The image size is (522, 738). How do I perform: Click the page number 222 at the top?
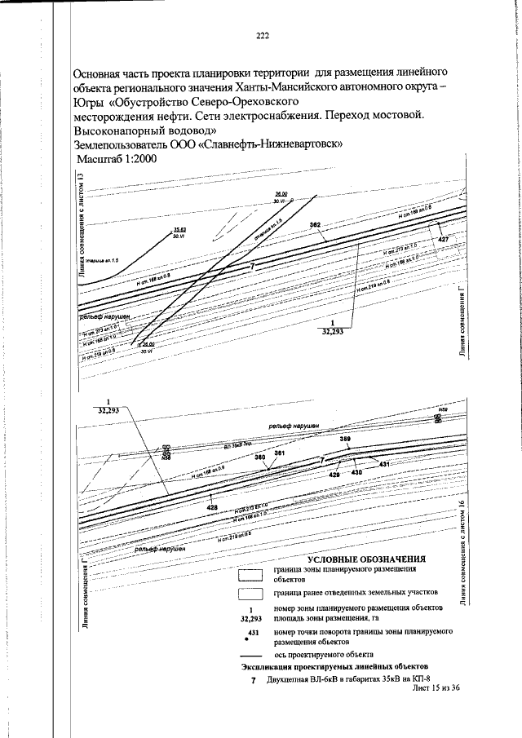pos(262,35)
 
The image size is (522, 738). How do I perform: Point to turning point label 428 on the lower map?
pos(212,506)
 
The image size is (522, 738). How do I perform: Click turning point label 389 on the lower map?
pos(345,440)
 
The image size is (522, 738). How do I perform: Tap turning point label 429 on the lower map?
pos(334,474)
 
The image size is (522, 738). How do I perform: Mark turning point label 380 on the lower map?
pos(260,458)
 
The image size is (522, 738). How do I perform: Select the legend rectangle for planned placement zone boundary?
pos(250,574)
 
